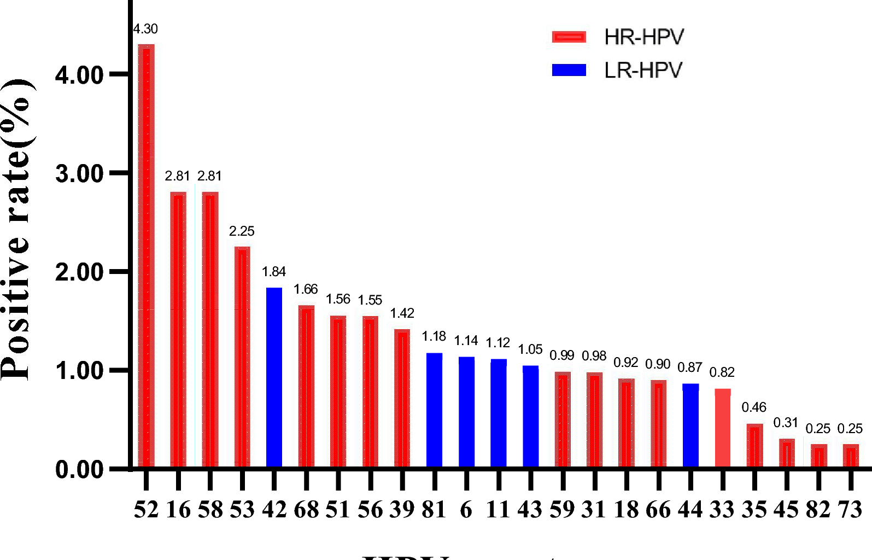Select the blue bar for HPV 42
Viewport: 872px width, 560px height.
[x=274, y=377]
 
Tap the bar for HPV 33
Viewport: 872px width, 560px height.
[x=722, y=428]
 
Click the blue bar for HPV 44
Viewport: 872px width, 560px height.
[x=690, y=425]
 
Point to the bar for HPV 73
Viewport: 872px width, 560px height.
[x=850, y=456]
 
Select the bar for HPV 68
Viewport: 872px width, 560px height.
[x=306, y=386]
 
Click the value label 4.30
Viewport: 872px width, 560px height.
[x=145, y=29]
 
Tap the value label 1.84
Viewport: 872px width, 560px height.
[x=273, y=272]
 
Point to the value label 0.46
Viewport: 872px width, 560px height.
[x=754, y=407]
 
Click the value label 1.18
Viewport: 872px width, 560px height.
[x=434, y=336]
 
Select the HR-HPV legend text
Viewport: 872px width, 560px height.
[x=644, y=37]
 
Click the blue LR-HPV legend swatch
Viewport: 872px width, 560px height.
[x=569, y=70]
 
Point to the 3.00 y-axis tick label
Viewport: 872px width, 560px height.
[x=79, y=174]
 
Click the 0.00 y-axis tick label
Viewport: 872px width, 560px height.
[x=79, y=470]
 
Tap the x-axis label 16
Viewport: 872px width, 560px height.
[x=178, y=510]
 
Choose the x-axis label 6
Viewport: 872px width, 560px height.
[x=466, y=510]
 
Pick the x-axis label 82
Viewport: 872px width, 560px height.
[x=818, y=510]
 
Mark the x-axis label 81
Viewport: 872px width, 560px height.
[x=434, y=510]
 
